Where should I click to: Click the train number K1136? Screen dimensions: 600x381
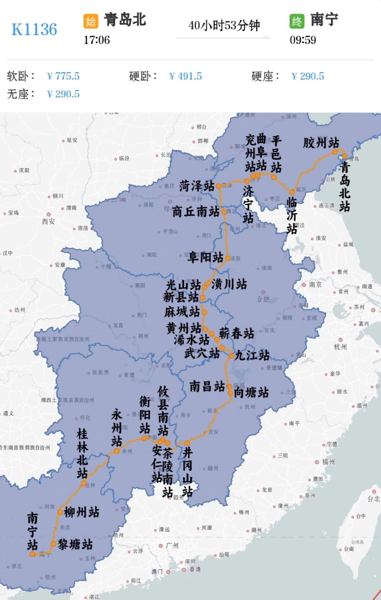(x=34, y=29)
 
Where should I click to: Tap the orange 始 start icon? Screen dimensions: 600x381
(x=90, y=21)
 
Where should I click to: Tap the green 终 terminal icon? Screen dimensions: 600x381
(x=296, y=21)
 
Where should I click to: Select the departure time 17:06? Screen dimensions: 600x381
(x=97, y=40)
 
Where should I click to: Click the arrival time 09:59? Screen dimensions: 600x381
(x=303, y=40)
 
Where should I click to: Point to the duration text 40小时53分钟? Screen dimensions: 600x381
(x=224, y=26)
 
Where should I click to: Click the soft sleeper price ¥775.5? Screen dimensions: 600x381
(x=63, y=76)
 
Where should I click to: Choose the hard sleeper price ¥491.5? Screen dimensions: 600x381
(x=185, y=76)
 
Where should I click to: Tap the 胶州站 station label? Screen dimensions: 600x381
(x=321, y=143)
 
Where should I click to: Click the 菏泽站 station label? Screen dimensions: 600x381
(x=196, y=186)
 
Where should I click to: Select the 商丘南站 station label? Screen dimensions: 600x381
(x=196, y=212)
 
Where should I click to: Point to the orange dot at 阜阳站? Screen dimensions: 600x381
(x=227, y=258)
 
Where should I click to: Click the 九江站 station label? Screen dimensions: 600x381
(x=252, y=355)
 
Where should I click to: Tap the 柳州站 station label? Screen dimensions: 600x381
(x=81, y=512)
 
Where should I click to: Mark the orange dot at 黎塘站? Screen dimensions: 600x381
(x=53, y=544)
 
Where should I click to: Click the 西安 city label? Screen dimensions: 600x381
(x=48, y=222)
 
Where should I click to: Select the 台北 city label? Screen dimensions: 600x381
(x=374, y=499)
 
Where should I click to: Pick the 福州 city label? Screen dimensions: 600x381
(x=328, y=462)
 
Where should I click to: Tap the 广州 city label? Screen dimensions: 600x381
(x=172, y=545)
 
